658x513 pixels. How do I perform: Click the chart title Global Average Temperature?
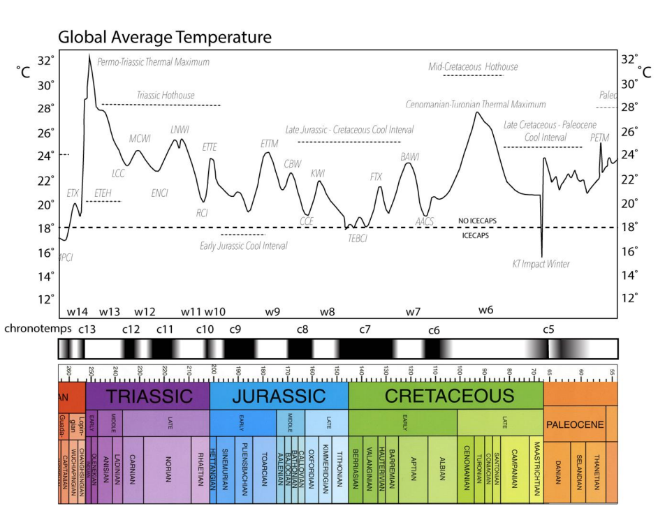[x=164, y=37]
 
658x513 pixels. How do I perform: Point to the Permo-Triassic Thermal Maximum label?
[x=154, y=62]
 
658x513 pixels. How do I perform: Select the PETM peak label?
[x=600, y=138]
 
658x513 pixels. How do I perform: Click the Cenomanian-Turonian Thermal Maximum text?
[x=476, y=105]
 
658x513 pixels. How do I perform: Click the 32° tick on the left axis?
[x=45, y=60]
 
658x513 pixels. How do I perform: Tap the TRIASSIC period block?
[x=148, y=396]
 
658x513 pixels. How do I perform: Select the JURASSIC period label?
[x=279, y=396]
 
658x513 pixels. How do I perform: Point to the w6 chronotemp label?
[x=486, y=309]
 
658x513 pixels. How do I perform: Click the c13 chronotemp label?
[x=87, y=328]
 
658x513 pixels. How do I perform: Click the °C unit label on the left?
[x=24, y=72]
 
